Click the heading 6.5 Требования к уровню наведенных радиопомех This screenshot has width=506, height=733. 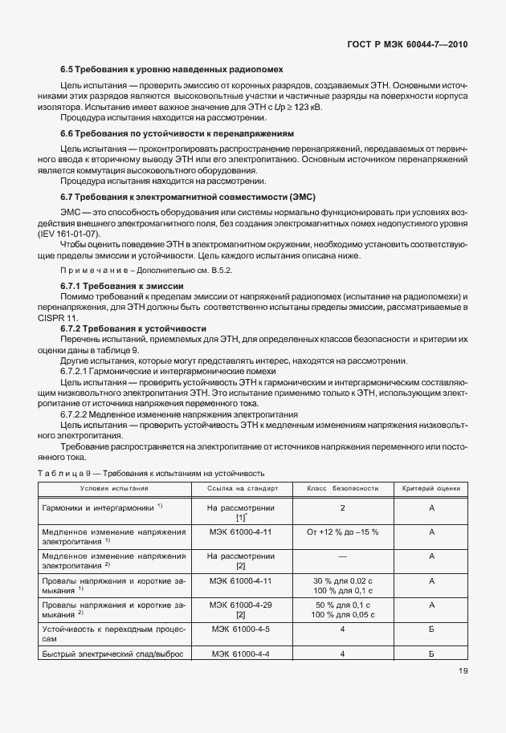pyautogui.click(x=172, y=70)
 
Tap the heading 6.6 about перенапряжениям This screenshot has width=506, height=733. pyautogui.click(x=178, y=132)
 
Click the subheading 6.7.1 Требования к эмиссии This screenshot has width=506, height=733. pyautogui.click(x=123, y=286)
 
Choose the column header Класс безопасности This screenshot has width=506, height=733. pyautogui.click(x=342, y=488)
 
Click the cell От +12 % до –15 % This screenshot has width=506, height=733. pyautogui.click(x=342, y=531)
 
